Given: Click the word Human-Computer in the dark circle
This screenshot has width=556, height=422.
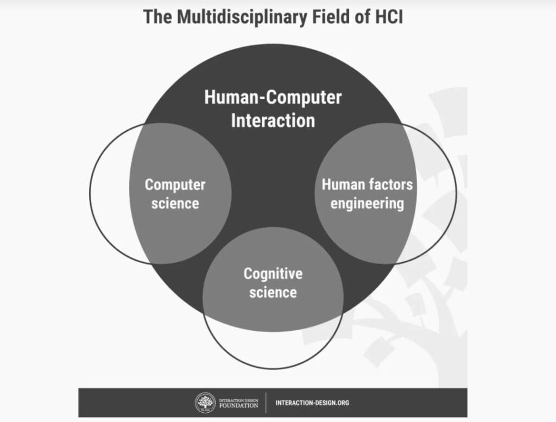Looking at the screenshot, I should pyautogui.click(x=273, y=98).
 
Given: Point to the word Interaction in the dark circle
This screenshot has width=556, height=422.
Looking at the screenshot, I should pyautogui.click(x=273, y=120).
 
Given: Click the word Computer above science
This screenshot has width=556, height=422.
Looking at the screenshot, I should pyautogui.click(x=175, y=185).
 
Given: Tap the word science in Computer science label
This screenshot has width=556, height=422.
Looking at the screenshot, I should pyautogui.click(x=175, y=204).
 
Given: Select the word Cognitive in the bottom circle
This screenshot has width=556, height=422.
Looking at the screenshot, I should pyautogui.click(x=273, y=273).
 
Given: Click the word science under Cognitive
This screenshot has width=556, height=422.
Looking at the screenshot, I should pyautogui.click(x=273, y=293).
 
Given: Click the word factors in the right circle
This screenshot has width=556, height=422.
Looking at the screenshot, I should pyautogui.click(x=391, y=185).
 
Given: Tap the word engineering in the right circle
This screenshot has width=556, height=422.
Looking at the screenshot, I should pyautogui.click(x=367, y=204).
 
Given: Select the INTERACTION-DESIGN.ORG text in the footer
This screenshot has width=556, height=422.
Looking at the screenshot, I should pyautogui.click(x=312, y=403).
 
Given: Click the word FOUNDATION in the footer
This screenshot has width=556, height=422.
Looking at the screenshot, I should pyautogui.click(x=238, y=406).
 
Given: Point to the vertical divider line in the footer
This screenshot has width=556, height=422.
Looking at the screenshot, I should pyautogui.click(x=266, y=403).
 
